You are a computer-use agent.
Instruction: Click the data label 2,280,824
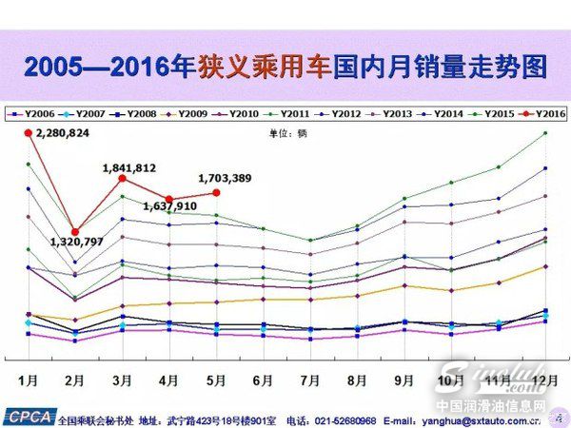tap(63, 133)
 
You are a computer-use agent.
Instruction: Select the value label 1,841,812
tap(129, 167)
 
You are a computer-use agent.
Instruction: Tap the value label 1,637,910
tap(170, 205)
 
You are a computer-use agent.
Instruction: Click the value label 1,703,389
tap(225, 177)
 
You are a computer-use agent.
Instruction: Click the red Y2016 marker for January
tap(28, 132)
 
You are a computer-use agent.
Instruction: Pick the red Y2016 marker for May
tap(217, 193)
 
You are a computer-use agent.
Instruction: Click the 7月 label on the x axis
tap(310, 380)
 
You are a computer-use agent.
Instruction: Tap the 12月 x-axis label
tap(545, 380)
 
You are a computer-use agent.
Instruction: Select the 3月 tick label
tap(122, 380)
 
